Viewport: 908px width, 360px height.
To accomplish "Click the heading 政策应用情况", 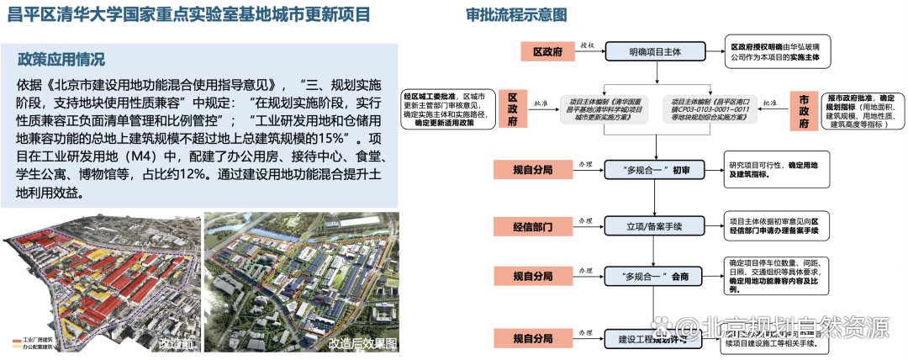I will tap(61, 60).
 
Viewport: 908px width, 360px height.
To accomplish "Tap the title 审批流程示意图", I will tap(515, 15).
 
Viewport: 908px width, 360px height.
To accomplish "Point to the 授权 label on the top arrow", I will tap(588, 45).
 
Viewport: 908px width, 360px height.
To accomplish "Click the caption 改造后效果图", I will tap(362, 343).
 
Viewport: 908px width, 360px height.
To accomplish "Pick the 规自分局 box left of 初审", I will tap(534, 170).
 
